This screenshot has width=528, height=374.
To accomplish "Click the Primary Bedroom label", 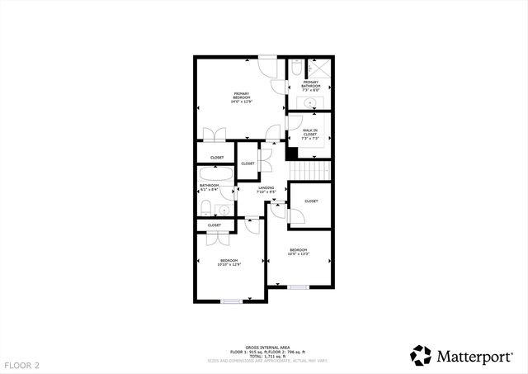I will pyautogui.click(x=242, y=97).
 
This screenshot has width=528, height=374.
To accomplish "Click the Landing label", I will pyautogui.click(x=266, y=191).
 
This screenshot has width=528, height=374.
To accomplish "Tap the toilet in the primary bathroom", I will pyautogui.click(x=296, y=71).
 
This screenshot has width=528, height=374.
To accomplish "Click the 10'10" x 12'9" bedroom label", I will pyautogui.click(x=228, y=263).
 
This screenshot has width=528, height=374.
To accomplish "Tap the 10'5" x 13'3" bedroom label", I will pyautogui.click(x=298, y=252).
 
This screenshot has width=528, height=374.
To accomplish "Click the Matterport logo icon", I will pyautogui.click(x=421, y=355).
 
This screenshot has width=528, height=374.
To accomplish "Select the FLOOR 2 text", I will pyautogui.click(x=21, y=364).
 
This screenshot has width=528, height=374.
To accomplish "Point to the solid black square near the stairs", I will pyautogui.click(x=291, y=153).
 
